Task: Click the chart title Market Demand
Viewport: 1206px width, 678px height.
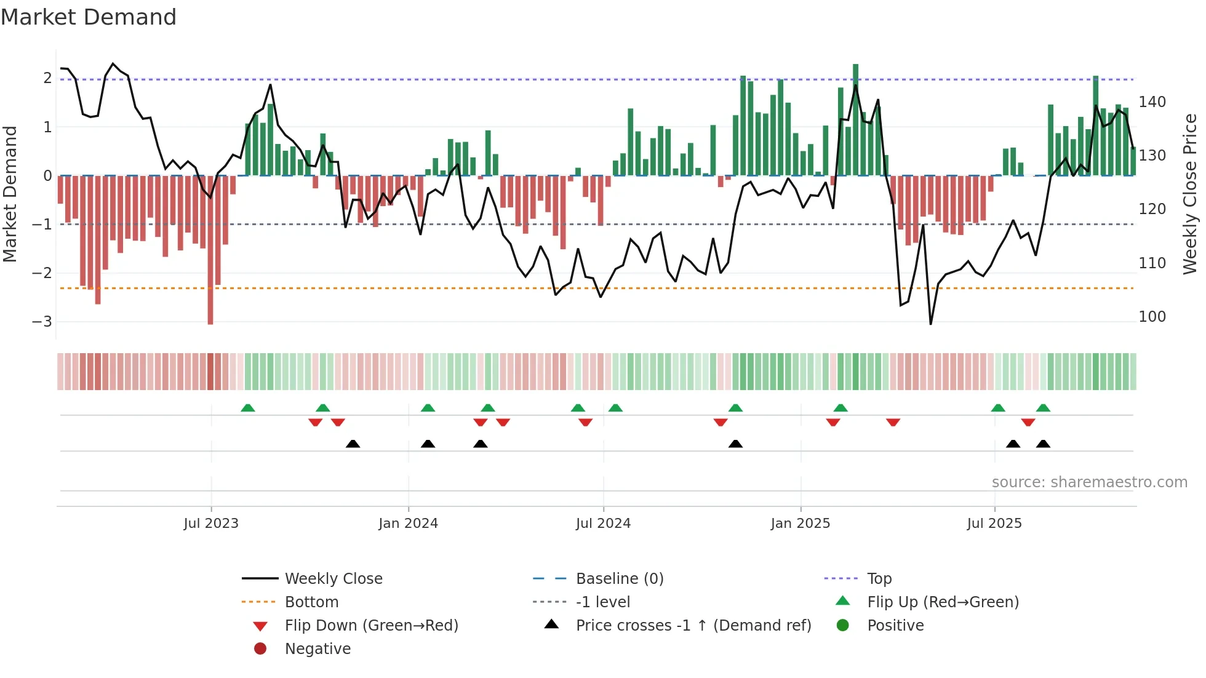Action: coord(89,17)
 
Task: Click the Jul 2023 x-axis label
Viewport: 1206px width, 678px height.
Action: coord(211,524)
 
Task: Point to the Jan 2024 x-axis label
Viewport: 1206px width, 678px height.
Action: coord(408,524)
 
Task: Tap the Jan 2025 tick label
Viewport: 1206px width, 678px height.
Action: coord(800,524)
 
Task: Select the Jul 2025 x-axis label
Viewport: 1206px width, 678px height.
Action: coord(994,524)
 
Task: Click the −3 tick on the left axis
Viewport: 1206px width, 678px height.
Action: coord(42,322)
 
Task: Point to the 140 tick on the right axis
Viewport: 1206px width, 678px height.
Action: coord(1152,102)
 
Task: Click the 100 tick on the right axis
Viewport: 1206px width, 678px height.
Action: coord(1152,317)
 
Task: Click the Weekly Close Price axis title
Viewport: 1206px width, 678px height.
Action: coord(1190,194)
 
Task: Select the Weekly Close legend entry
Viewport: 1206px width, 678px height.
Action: coord(333,579)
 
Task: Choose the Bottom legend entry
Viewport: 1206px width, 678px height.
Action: coord(311,602)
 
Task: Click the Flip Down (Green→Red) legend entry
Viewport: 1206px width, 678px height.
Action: coord(371,626)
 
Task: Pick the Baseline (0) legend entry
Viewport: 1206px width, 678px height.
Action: coord(619,579)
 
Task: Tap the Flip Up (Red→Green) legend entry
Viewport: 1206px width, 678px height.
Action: coord(943,602)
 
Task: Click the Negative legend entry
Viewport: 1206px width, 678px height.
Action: coord(317,649)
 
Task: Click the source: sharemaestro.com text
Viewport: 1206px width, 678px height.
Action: coord(1089,482)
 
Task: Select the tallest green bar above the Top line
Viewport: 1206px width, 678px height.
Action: coord(855,117)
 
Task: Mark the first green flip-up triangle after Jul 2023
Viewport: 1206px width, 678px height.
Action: coord(248,408)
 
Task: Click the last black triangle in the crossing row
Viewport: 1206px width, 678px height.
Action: coord(1043,444)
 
